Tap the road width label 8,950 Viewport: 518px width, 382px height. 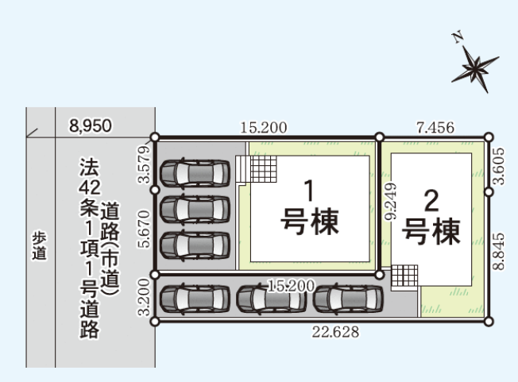tap(91, 125)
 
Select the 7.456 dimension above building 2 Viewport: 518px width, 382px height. tap(435, 127)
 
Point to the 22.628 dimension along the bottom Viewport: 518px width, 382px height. tap(335, 332)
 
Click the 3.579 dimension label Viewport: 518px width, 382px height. tap(145, 164)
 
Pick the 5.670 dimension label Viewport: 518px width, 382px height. tap(145, 230)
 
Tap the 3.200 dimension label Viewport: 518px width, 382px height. tap(145, 297)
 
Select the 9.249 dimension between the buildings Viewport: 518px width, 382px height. tap(391, 202)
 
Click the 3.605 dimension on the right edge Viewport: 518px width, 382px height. tap(498, 166)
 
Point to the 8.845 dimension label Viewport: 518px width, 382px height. tap(498, 252)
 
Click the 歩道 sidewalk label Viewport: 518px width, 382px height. tap(39, 246)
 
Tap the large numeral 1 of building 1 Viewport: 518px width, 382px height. tap(310, 191)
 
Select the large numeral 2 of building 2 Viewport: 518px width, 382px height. tap(431, 201)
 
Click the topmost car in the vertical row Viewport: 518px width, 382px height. tap(195, 172)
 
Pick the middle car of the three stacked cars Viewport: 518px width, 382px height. tap(195, 209)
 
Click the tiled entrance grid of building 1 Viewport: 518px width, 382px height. tap(264, 169)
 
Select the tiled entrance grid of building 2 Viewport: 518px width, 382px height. tap(404, 276)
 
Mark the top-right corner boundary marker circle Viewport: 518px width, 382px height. tap(489, 137)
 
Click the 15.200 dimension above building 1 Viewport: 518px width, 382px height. tap(264, 127)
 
